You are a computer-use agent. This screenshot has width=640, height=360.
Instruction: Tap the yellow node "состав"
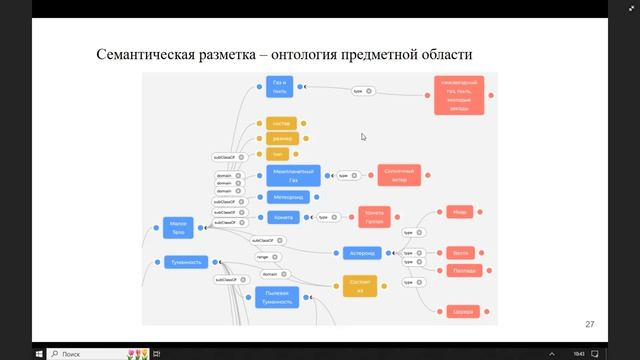tap(281, 124)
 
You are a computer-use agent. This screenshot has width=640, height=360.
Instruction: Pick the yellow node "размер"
tap(281, 139)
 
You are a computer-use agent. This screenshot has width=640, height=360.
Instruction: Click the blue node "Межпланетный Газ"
tap(294, 175)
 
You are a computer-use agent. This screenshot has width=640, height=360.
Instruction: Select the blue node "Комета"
tap(281, 216)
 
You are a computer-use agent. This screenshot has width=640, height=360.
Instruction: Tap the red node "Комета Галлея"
tap(374, 217)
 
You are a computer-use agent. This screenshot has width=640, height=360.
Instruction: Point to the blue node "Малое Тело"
tap(179, 229)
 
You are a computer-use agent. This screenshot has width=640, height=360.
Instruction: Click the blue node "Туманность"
tap(188, 262)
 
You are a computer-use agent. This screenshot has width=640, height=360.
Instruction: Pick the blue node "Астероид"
tap(362, 252)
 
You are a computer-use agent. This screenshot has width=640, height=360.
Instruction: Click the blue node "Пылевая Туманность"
tap(278, 296)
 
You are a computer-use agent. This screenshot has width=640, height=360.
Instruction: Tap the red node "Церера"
tap(462, 310)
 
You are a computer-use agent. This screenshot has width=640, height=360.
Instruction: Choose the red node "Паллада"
tap(462, 270)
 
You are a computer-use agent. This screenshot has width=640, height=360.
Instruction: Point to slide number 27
tap(590, 324)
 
